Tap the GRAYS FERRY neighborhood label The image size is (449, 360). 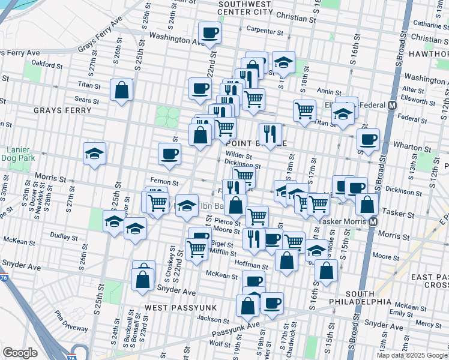tap(62, 110)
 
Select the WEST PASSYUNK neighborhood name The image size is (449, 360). tap(175, 307)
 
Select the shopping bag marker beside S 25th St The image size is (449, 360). tap(122, 91)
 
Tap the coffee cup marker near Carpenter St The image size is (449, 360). tap(210, 32)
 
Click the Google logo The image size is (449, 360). tap(20, 353)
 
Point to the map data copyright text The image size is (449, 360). tap(412, 355)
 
